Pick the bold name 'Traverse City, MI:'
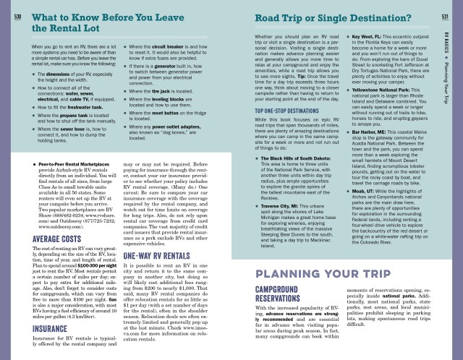[x=287, y=226]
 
